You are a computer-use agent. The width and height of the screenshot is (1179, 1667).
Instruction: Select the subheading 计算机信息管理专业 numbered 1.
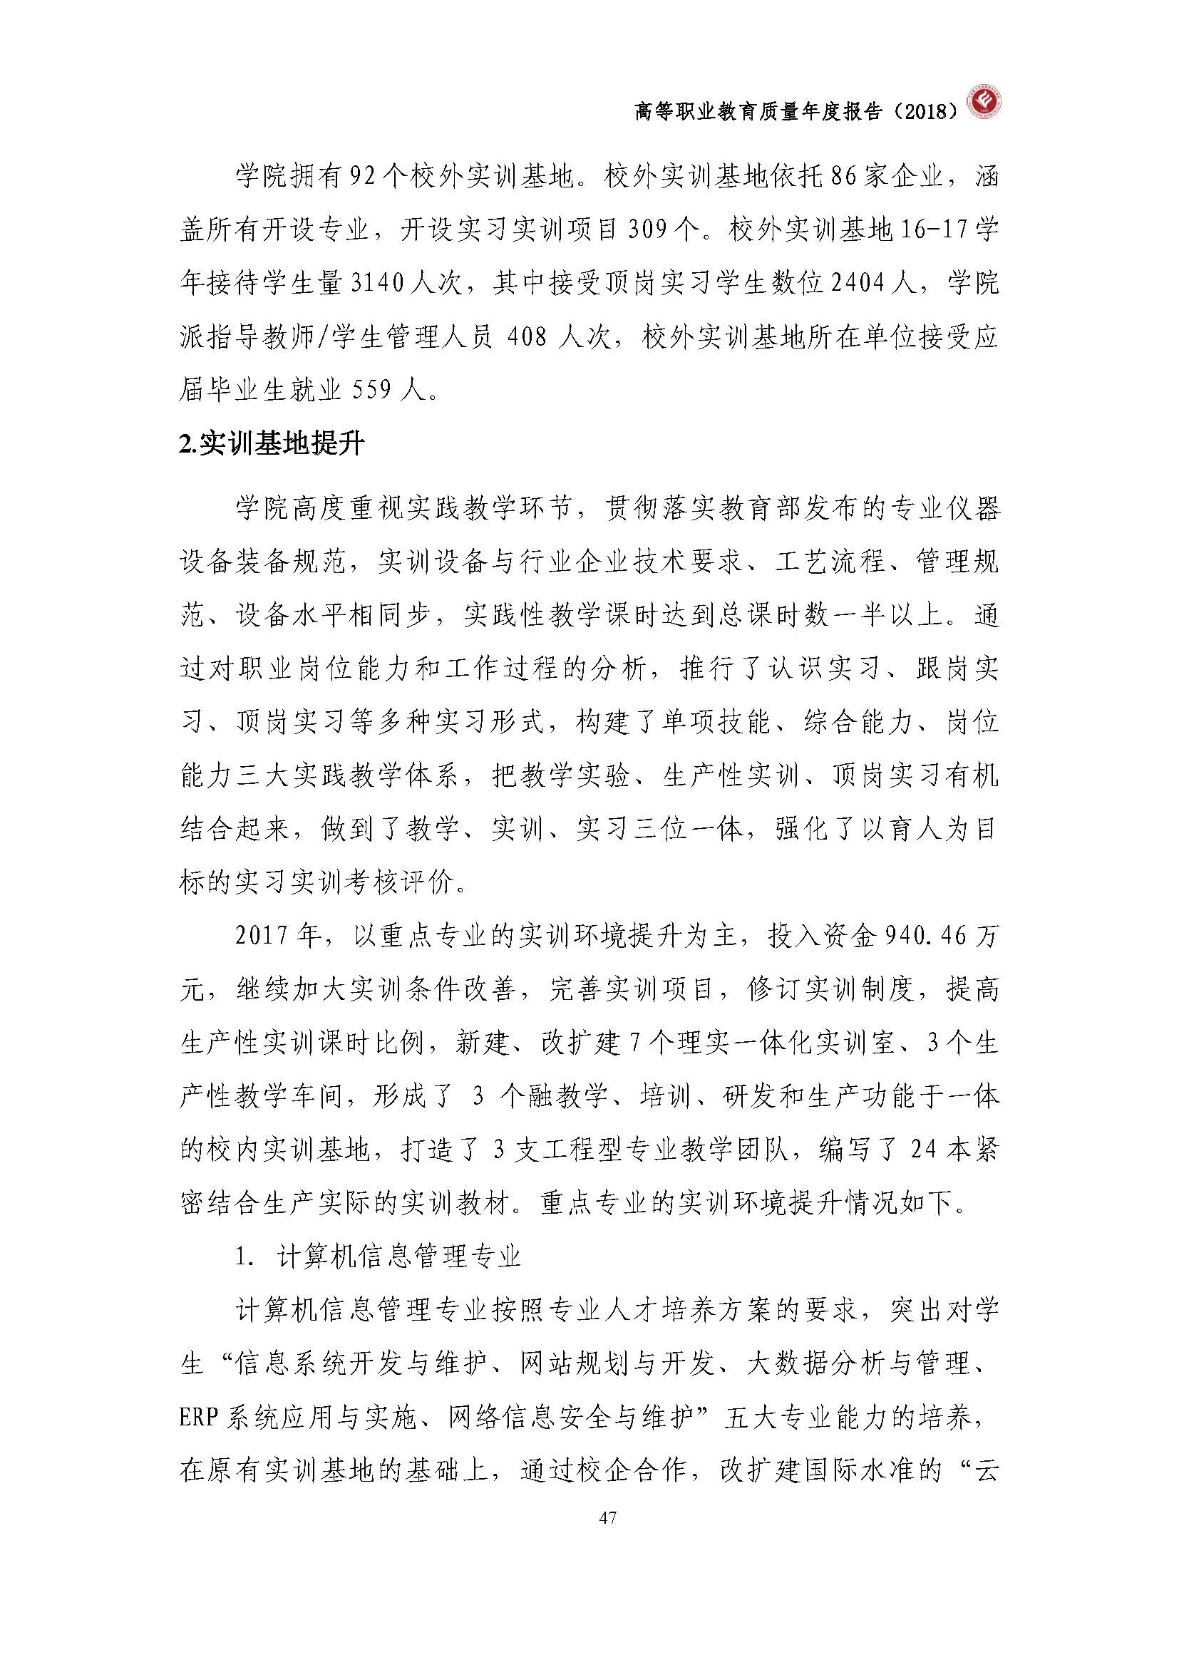[398, 1256]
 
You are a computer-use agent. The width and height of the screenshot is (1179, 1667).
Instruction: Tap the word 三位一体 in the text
[690, 829]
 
